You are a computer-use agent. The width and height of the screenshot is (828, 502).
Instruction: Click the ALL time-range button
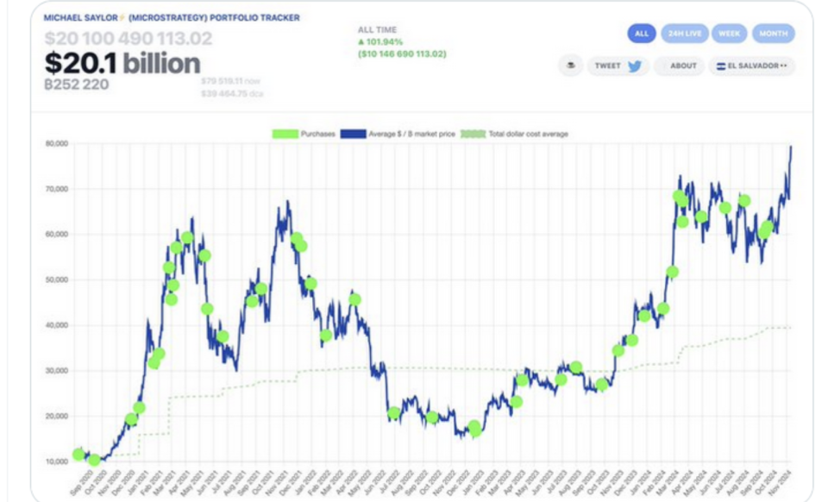641,34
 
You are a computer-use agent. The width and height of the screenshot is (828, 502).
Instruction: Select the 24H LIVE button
684,34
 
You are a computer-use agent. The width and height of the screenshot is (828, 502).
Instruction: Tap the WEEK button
729,34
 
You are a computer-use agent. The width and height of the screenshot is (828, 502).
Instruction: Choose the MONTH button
773,34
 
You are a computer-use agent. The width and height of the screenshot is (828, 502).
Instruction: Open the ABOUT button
679,66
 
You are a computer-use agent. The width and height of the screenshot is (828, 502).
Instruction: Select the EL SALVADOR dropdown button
752,66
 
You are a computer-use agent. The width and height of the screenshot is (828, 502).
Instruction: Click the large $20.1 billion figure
122,62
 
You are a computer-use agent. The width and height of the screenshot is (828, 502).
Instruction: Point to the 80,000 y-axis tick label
57,143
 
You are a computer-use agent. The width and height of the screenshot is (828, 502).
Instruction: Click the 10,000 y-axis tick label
57,461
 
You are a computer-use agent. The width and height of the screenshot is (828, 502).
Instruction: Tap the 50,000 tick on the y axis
57,279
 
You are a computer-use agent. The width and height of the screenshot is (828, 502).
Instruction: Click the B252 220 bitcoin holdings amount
76,85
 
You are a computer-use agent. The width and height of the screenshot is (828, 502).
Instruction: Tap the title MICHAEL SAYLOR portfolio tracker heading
172,17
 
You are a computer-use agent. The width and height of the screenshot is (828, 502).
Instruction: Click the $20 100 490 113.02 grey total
128,39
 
